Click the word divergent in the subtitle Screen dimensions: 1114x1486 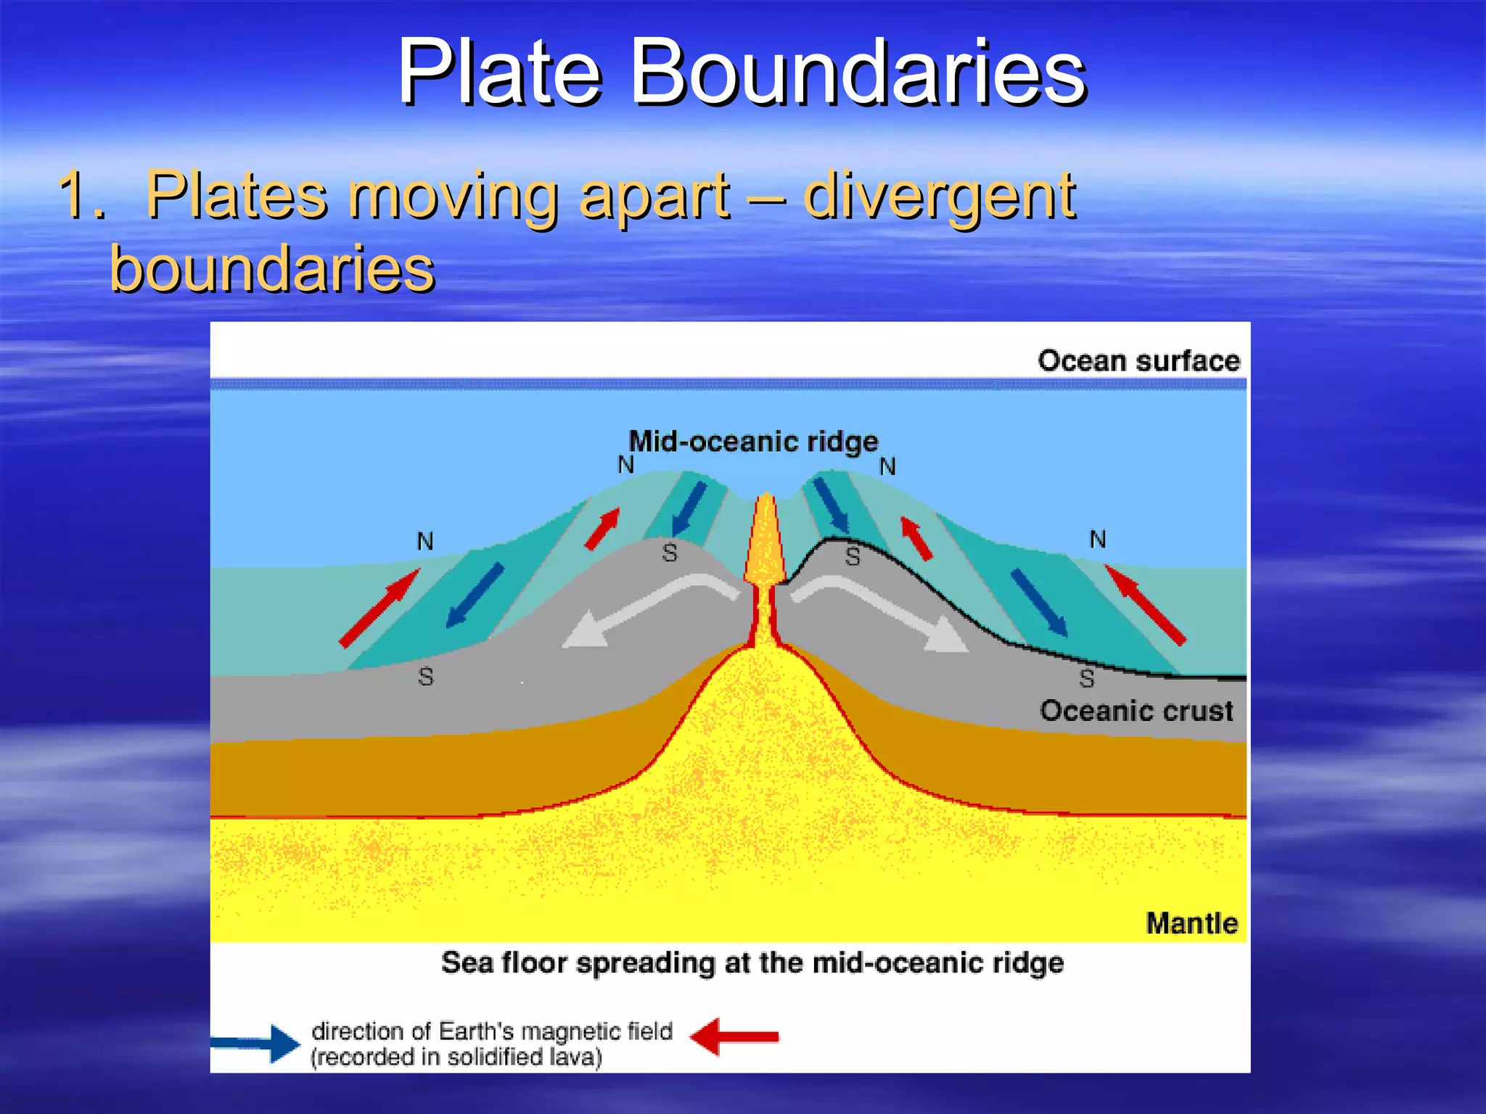pyautogui.click(x=939, y=196)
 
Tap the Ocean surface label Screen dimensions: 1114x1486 pyautogui.click(x=1138, y=360)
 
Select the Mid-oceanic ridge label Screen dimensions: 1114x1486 pyautogui.click(x=753, y=441)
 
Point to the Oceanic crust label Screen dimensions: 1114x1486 pyautogui.click(x=1136, y=711)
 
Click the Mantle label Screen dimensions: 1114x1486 pyautogui.click(x=1191, y=923)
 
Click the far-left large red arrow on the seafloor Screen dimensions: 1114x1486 pyautogui.click(x=379, y=608)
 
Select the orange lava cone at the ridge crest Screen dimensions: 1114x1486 pyautogui.click(x=765, y=540)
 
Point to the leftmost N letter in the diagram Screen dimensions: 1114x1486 pyautogui.click(x=424, y=542)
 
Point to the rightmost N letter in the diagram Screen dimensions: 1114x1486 pyautogui.click(x=1098, y=540)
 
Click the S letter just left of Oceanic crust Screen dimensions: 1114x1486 pyautogui.click(x=1086, y=679)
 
